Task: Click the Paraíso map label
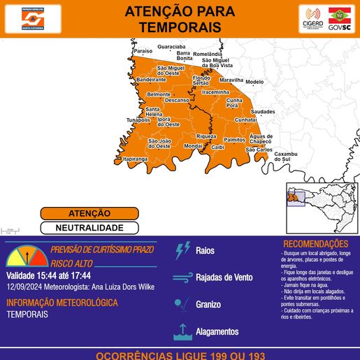143,51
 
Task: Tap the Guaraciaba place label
171,46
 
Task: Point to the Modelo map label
254,82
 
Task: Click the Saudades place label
263,111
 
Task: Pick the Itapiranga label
136,159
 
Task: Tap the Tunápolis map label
138,120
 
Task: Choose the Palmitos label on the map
234,140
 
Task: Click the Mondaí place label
193,147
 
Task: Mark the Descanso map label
178,100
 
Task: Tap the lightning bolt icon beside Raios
183,250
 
